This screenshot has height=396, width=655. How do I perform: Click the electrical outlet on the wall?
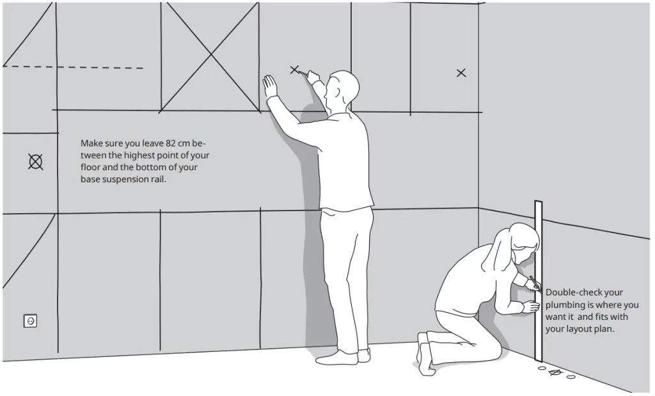30,321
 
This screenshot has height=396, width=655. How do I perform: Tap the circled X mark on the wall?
36,162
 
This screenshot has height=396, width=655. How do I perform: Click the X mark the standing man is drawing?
294,70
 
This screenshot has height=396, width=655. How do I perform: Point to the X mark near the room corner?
461,73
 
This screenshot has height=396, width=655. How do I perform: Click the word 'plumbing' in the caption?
563,305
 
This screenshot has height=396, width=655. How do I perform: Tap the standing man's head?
343,88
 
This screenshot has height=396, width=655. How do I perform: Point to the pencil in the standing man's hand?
303,74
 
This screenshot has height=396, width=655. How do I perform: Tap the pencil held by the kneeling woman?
535,283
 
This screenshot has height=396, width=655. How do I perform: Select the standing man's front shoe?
336,358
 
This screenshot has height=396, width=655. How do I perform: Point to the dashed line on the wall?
73,67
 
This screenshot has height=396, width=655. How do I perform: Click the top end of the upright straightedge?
539,202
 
